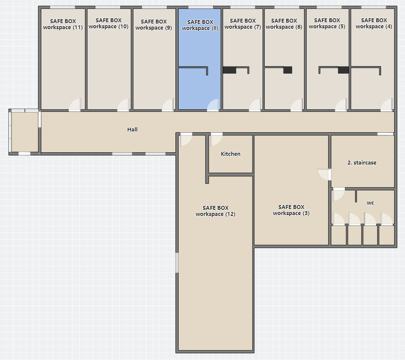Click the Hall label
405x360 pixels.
(x=132, y=129)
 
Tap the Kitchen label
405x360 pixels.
(x=230, y=154)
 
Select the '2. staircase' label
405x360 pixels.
(x=362, y=163)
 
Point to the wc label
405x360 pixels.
(x=370, y=203)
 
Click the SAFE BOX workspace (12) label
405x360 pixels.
(x=216, y=211)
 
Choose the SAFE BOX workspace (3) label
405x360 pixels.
(x=291, y=210)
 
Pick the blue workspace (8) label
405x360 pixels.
(x=200, y=25)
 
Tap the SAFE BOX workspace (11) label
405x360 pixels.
(x=63, y=24)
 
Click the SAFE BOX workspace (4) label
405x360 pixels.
(x=374, y=23)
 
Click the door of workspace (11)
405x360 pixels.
(x=75, y=105)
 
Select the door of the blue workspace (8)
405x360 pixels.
(x=213, y=105)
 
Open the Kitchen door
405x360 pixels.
(x=216, y=139)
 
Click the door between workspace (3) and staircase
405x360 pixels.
(x=324, y=174)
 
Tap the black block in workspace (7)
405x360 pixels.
(x=229, y=70)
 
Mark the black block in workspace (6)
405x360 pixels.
(x=288, y=70)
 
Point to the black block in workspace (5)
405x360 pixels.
(x=344, y=70)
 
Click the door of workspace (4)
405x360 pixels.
(x=387, y=105)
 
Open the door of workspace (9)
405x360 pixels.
(x=168, y=105)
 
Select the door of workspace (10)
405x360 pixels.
(x=124, y=105)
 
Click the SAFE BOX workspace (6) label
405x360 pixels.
(x=284, y=24)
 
